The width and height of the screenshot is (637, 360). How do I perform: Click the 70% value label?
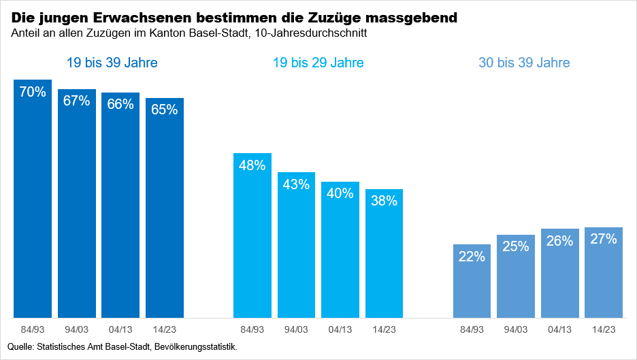(33, 92)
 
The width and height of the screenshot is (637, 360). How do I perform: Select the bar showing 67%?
(77, 204)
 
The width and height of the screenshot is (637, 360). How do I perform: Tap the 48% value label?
(252, 165)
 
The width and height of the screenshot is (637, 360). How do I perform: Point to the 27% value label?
(604, 239)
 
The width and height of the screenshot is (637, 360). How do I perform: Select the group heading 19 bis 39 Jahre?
(112, 63)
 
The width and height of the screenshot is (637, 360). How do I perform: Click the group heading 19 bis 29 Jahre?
(318, 63)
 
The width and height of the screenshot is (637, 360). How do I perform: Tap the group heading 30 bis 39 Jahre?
(524, 63)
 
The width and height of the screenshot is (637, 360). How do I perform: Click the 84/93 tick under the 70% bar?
(33, 329)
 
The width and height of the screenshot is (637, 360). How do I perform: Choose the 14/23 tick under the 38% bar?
(384, 329)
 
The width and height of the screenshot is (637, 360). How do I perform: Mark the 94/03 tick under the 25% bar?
(516, 329)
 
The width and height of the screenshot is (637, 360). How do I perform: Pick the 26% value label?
(559, 240)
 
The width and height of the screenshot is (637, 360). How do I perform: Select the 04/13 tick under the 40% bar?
(340, 329)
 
